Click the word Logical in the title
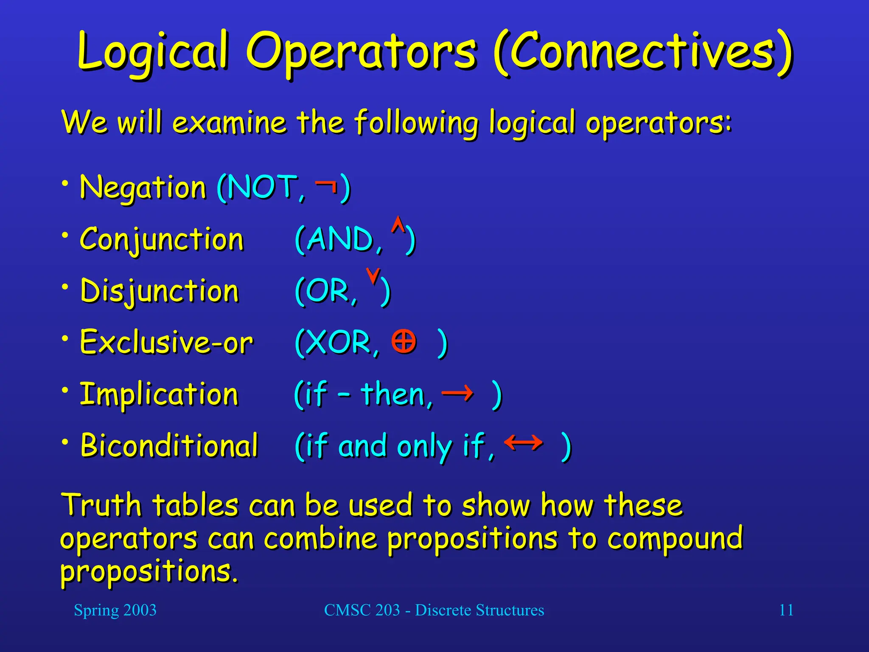[x=153, y=53]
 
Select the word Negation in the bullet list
[x=143, y=187]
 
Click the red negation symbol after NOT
[x=326, y=185]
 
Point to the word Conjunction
[x=162, y=239]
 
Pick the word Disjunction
[x=160, y=291]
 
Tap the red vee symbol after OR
[x=373, y=276]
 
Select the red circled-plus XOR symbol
[x=404, y=341]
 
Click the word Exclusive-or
[x=166, y=342]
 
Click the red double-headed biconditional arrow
[x=523, y=443]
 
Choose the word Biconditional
[x=169, y=446]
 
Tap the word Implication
[x=159, y=394]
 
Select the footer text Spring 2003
[x=115, y=610]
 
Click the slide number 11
[x=786, y=610]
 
